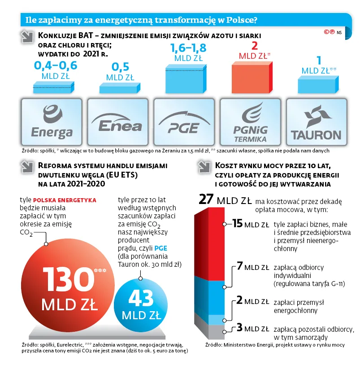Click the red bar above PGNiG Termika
[251, 77]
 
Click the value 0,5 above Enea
[120, 67]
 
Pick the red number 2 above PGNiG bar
[255, 46]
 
